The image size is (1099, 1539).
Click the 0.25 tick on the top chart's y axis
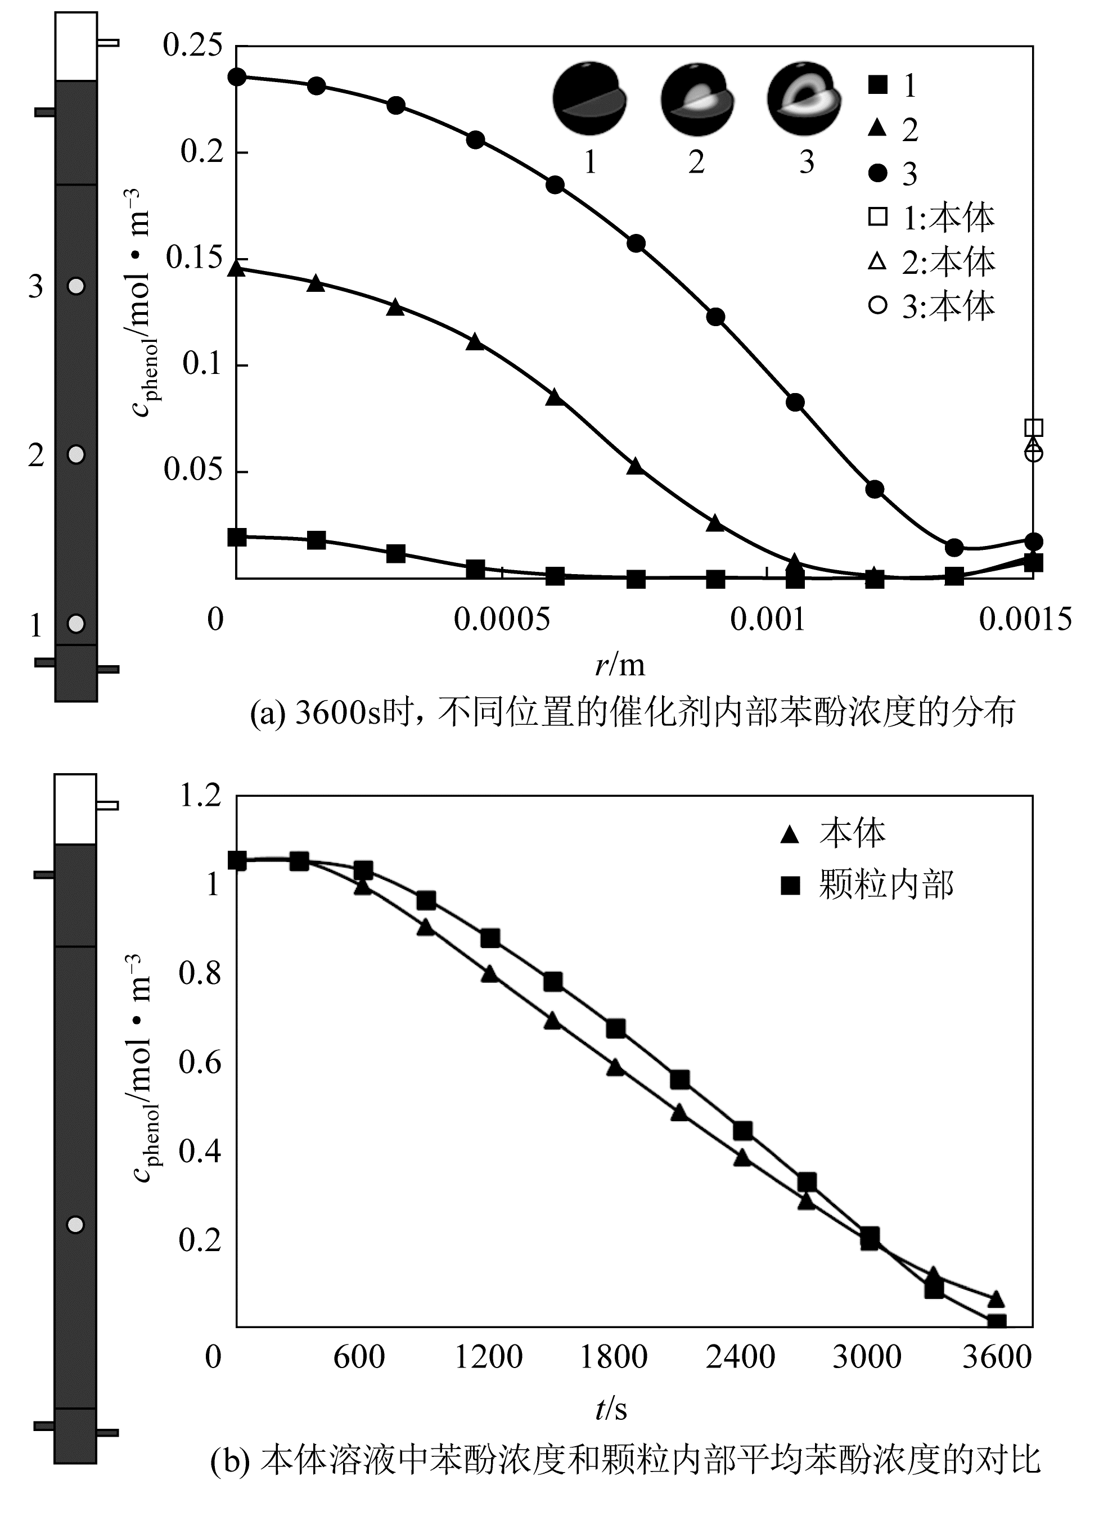click(x=192, y=46)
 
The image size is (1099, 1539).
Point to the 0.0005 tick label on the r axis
click(x=502, y=620)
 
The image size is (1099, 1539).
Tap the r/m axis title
click(x=620, y=665)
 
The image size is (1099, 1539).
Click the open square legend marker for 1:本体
click(x=878, y=216)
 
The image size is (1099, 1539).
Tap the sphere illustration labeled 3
click(x=805, y=98)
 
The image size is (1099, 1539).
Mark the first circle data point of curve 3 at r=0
click(x=237, y=76)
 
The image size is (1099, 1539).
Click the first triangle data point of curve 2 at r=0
click(x=237, y=269)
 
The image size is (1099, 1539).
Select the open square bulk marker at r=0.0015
click(x=1033, y=427)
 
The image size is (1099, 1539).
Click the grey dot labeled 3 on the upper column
click(x=76, y=286)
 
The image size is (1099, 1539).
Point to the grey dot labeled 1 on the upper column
click(x=76, y=623)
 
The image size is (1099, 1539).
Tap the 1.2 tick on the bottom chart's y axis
click(x=200, y=796)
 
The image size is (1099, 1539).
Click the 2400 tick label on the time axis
click(x=740, y=1357)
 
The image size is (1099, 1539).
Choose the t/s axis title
click(x=611, y=1409)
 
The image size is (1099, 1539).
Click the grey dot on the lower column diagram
click(x=75, y=1225)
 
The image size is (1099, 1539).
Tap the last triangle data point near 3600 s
click(x=996, y=1299)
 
